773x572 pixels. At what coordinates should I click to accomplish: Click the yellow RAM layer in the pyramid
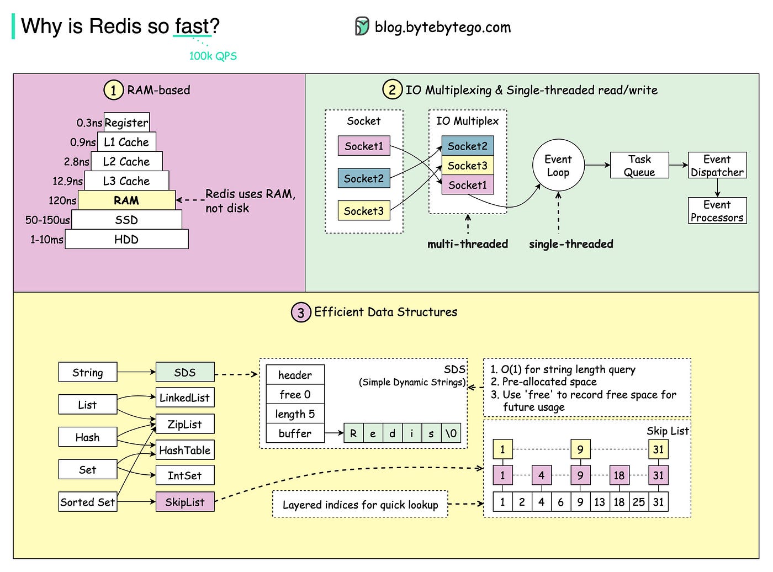(x=126, y=200)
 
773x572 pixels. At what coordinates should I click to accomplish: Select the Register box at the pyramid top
(x=126, y=123)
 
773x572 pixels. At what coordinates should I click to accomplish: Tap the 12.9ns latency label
(x=67, y=181)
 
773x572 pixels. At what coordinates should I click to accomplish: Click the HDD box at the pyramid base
(x=126, y=240)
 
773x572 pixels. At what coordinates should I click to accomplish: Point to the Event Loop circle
(x=558, y=166)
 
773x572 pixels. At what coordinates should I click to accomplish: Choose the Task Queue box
(x=639, y=166)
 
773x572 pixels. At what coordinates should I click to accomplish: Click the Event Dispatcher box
(x=717, y=166)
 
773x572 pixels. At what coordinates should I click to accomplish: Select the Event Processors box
(x=717, y=211)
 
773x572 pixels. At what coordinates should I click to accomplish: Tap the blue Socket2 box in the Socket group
(x=364, y=178)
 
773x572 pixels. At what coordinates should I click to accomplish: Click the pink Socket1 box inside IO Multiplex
(x=468, y=185)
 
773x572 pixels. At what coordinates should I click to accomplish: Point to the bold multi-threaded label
(x=468, y=244)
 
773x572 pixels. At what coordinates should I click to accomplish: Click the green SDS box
(x=184, y=373)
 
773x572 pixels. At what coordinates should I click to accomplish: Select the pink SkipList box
(x=184, y=502)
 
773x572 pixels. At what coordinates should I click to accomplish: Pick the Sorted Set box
(x=88, y=502)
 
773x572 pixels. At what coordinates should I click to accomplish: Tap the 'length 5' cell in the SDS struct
(x=295, y=414)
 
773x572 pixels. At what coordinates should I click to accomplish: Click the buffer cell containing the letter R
(x=353, y=433)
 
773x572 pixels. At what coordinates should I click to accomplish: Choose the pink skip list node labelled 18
(x=619, y=475)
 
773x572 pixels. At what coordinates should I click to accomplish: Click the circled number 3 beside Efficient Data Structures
(x=300, y=313)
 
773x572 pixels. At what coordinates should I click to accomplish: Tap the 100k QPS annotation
(x=213, y=56)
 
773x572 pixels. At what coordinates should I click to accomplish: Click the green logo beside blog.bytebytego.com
(x=362, y=27)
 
